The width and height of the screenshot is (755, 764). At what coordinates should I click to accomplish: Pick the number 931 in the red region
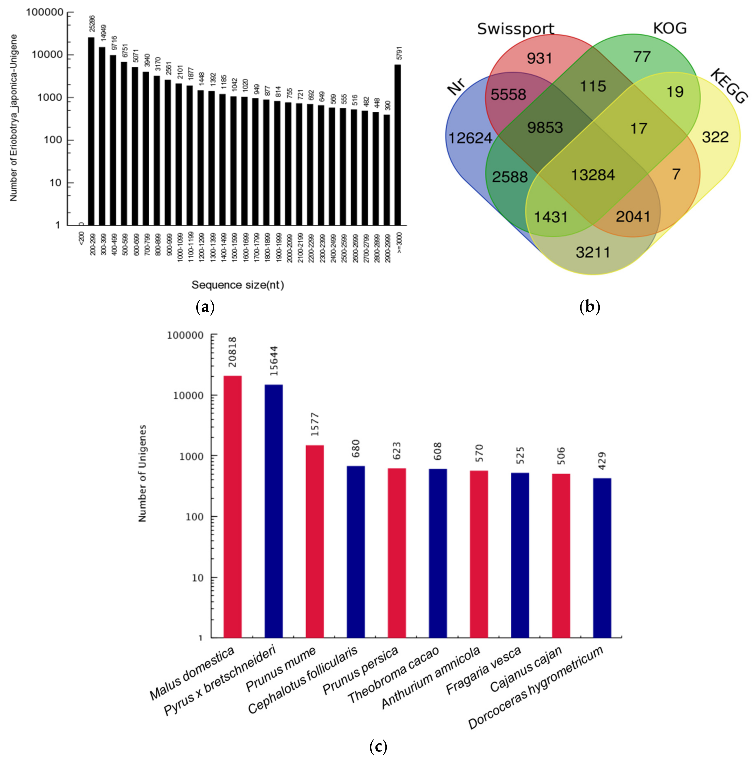pos(539,59)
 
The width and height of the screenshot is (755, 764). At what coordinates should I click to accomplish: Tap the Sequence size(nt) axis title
pos(237,285)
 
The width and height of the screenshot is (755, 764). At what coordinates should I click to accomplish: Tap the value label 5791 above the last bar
pos(399,53)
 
